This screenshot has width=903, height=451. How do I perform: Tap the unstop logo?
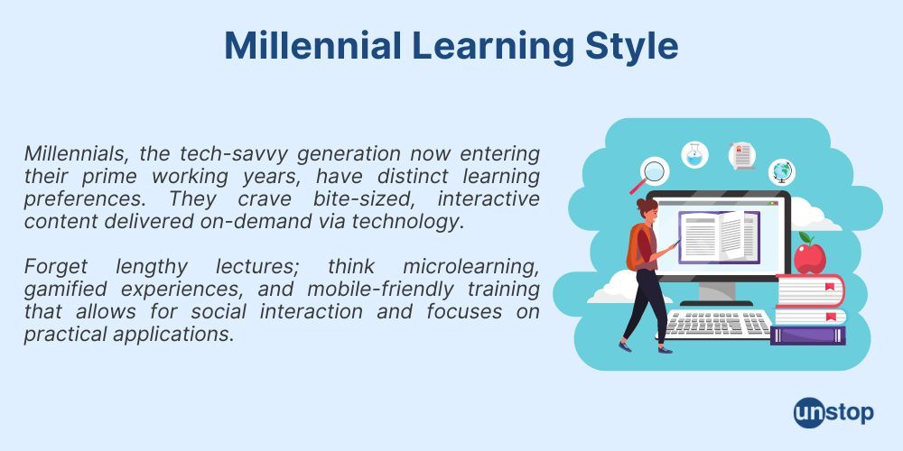[833, 413]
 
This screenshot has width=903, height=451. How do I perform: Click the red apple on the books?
[810, 255]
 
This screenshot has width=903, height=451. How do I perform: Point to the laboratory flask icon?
[694, 154]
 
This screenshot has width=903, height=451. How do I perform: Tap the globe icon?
[782, 170]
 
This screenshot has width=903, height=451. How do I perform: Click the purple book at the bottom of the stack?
[808, 335]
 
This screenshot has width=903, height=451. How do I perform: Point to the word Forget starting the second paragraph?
[57, 267]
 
